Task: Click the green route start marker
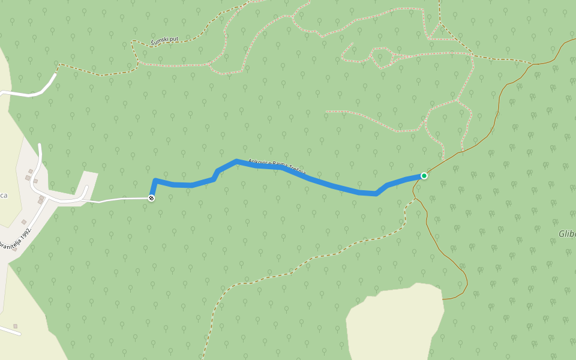[424, 176]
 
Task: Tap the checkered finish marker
[151, 197]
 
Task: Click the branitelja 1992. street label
[15, 238]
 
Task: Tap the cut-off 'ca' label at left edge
[3, 196]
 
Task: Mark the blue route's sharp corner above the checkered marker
[155, 181]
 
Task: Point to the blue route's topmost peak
[237, 161]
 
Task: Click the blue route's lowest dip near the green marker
[376, 194]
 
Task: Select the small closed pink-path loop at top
[382, 58]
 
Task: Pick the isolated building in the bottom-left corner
[16, 326]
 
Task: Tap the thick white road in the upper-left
[30, 93]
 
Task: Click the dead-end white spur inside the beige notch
[84, 192]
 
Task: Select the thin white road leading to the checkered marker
[120, 199]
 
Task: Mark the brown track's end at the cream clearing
[444, 298]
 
